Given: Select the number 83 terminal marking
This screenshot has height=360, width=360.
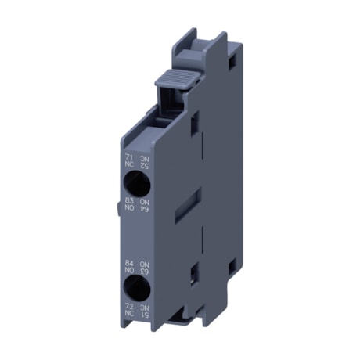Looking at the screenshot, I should pyautogui.click(x=128, y=202).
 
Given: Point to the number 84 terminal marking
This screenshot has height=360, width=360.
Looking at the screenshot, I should pyautogui.click(x=128, y=262).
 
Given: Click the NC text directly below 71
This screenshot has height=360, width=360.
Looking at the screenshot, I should pyautogui.click(x=128, y=164).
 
